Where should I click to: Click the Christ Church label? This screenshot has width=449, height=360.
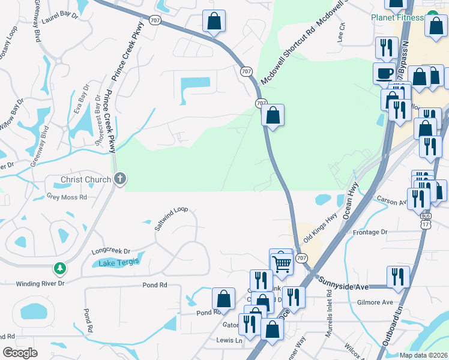[x=86, y=179]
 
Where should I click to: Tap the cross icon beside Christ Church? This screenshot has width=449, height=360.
[x=120, y=179]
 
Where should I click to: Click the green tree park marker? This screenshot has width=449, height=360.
[x=59, y=268]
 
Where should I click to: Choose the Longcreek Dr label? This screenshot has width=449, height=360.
[x=110, y=251]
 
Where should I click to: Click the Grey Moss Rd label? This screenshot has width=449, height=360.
[x=67, y=197]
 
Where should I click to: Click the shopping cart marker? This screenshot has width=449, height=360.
[x=281, y=262]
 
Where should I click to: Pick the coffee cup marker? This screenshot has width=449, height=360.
[x=384, y=73]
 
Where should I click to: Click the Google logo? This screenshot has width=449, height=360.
[x=20, y=353]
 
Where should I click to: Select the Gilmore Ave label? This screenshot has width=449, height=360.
[x=376, y=302]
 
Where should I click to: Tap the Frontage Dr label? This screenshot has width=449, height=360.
[x=371, y=232]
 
